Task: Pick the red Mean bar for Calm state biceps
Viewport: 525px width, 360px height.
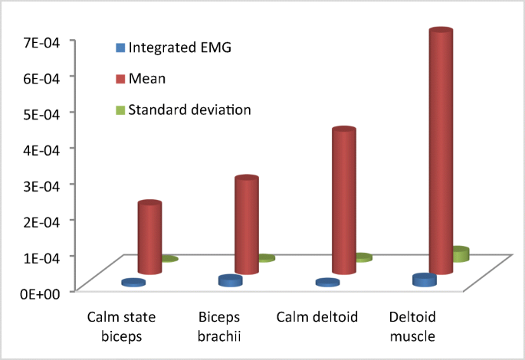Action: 149,237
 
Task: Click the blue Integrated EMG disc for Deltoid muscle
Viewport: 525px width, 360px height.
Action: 425,280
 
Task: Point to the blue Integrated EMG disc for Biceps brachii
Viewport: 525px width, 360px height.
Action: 230,281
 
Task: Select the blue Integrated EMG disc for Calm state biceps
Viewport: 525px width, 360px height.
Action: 133,283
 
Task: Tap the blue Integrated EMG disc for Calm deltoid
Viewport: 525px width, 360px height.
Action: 327,283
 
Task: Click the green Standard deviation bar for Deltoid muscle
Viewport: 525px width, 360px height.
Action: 460,254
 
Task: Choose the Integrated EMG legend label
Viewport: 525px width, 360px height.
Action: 179,47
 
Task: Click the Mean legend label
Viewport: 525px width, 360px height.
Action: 147,78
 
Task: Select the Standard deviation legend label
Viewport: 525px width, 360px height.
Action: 189,110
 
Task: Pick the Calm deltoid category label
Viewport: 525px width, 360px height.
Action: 316,317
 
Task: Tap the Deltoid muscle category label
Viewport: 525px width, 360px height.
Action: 412,326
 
